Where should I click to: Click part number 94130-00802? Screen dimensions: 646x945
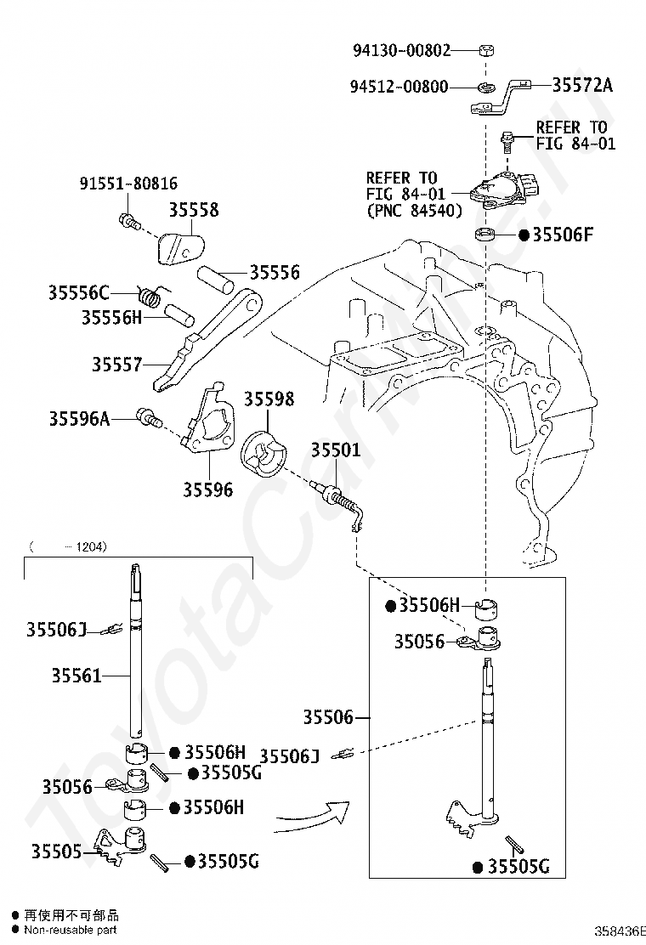point(401,50)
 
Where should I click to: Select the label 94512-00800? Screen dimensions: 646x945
point(399,87)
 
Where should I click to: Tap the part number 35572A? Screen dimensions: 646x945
point(582,85)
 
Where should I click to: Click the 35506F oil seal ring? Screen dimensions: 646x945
point(485,234)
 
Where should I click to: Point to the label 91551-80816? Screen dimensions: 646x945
point(128,184)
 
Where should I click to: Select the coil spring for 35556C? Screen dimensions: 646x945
point(150,295)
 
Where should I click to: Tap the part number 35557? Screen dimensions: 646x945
point(117,364)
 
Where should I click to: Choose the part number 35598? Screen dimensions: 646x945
point(269,399)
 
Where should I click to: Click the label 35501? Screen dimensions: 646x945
point(336,450)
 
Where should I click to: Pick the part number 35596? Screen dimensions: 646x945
point(208,489)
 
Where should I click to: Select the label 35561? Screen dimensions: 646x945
point(76,676)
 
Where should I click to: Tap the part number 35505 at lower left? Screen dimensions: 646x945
point(57,851)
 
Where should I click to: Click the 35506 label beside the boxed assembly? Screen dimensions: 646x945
point(328,716)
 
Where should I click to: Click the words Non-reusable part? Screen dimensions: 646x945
point(71,930)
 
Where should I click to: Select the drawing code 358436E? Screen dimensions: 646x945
point(620,931)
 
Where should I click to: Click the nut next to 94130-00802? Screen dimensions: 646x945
point(485,49)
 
